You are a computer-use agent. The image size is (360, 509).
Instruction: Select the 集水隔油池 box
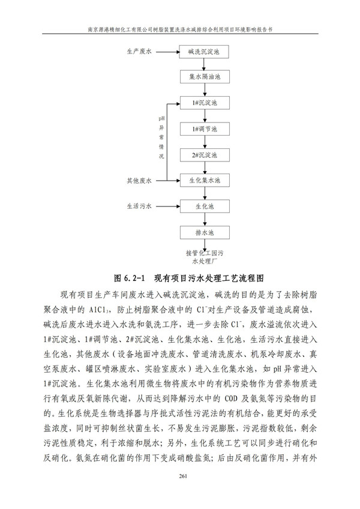206,77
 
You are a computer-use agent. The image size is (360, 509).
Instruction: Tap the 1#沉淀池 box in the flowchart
206,103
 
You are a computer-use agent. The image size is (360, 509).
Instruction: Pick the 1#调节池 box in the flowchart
206,129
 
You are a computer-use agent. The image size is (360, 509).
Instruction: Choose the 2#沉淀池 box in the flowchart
206,155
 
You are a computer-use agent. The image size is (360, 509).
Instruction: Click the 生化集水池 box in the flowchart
206,180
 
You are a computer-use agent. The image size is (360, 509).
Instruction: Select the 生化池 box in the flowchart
206,206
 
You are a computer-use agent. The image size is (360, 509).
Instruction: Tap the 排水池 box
206,232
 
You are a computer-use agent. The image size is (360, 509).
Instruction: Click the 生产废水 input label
139,52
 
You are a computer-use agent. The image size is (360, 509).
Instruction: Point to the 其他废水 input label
139,180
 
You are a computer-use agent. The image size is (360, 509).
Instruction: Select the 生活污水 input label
139,206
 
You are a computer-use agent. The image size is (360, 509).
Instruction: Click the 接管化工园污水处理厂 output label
206,257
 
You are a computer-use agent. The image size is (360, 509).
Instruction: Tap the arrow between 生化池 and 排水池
206,219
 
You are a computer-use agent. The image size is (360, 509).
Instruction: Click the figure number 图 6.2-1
130,278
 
